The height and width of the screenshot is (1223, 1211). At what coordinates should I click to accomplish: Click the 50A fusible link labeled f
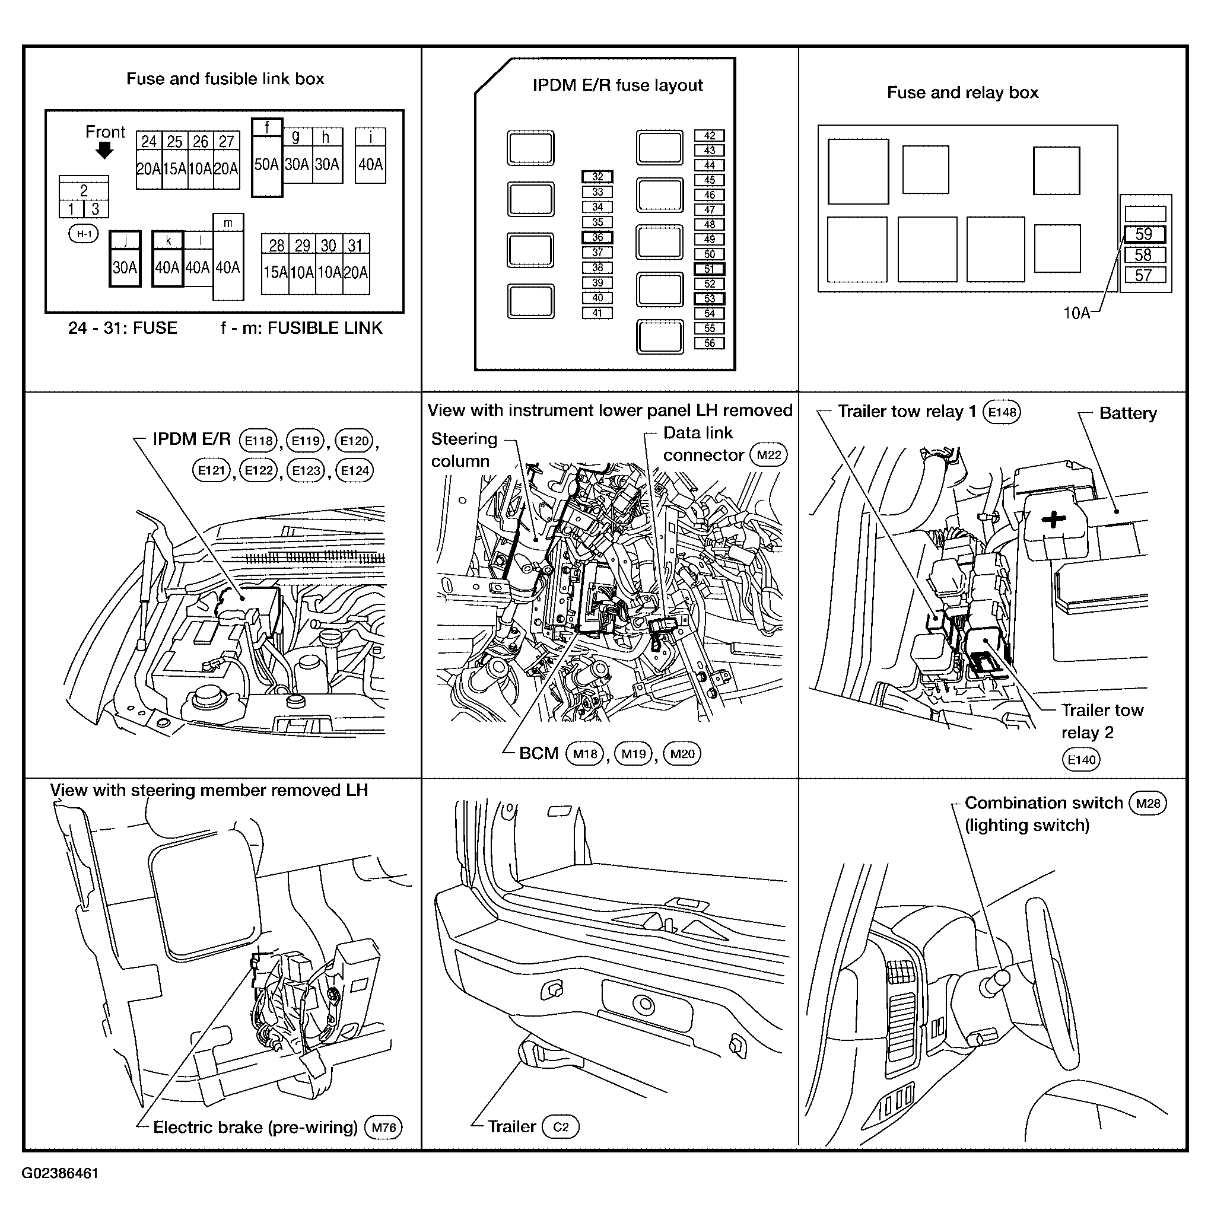266,158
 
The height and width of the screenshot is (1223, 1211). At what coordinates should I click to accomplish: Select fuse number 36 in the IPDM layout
597,237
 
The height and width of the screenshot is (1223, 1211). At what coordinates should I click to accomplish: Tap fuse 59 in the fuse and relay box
1144,234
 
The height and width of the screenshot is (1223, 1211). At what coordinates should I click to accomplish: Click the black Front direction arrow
104,151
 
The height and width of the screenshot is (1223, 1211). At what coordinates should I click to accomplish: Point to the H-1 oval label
84,234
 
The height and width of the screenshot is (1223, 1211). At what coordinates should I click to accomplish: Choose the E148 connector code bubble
1002,412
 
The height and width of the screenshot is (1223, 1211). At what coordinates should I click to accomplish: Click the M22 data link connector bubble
768,455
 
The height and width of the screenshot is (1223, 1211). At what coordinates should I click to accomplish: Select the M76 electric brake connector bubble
384,1128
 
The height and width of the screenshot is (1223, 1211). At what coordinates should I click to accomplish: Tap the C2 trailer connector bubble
561,1127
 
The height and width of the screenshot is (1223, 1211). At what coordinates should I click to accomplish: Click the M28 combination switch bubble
1148,803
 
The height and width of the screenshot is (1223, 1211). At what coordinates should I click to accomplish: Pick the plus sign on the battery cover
1054,520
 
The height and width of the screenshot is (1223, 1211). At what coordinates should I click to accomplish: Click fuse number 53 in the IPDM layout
710,299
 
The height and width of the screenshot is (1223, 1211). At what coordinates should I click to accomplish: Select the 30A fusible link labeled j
125,259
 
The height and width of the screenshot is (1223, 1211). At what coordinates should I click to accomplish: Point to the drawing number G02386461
60,1173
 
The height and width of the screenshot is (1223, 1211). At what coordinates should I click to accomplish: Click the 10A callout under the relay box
1076,313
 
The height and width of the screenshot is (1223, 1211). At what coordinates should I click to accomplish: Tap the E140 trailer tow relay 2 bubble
1081,759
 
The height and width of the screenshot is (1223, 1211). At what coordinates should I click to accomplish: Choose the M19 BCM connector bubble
633,753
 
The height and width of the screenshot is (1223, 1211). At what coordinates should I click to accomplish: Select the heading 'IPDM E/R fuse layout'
618,85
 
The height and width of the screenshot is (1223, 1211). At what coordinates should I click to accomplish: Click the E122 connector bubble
259,470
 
